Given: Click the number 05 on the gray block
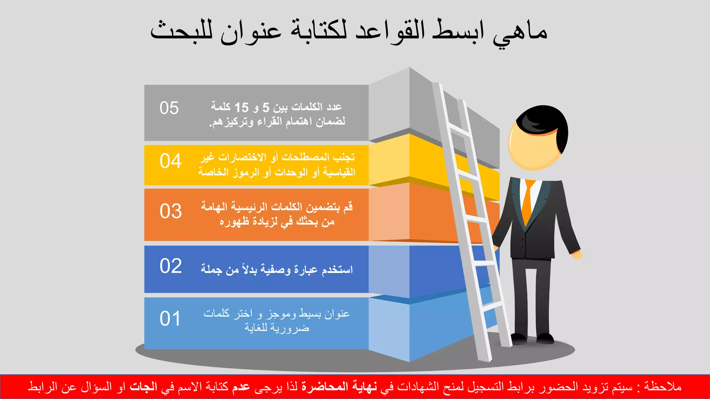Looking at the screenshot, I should pyautogui.click(x=169, y=108).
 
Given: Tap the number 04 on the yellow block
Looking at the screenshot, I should pyautogui.click(x=171, y=161).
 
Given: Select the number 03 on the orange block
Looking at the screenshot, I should pyautogui.click(x=171, y=211).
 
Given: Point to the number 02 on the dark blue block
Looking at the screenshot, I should pyautogui.click(x=171, y=266).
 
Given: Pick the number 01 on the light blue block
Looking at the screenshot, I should pyautogui.click(x=170, y=319).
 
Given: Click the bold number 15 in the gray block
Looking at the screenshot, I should pyautogui.click(x=242, y=108).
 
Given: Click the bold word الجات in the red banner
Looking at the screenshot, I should pyautogui.click(x=144, y=387).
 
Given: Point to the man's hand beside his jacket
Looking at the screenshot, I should pyautogui.click(x=577, y=255).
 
